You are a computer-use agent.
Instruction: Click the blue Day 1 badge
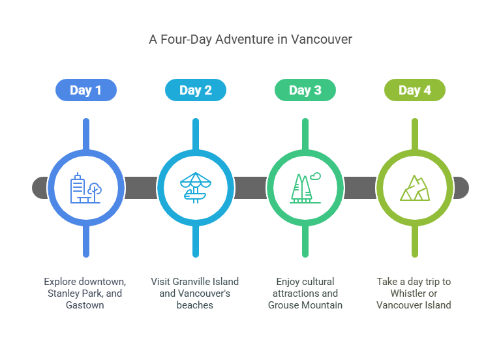(86, 90)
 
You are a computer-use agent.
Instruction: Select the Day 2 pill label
(196, 90)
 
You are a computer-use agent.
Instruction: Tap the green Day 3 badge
(305, 90)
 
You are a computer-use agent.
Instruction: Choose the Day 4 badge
(415, 90)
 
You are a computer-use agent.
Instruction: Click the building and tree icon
(86, 188)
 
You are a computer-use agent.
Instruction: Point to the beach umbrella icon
(196, 188)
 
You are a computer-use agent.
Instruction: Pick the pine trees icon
(305, 188)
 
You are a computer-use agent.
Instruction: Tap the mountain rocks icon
(415, 188)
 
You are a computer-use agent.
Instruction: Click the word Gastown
(85, 305)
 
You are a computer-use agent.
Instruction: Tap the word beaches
(195, 305)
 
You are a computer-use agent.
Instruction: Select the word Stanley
(63, 293)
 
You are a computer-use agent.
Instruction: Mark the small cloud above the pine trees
(315, 176)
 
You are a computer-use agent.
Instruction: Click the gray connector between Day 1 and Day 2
(141, 188)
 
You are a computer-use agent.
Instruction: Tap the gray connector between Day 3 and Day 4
(360, 188)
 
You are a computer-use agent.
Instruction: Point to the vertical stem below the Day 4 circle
(415, 241)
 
